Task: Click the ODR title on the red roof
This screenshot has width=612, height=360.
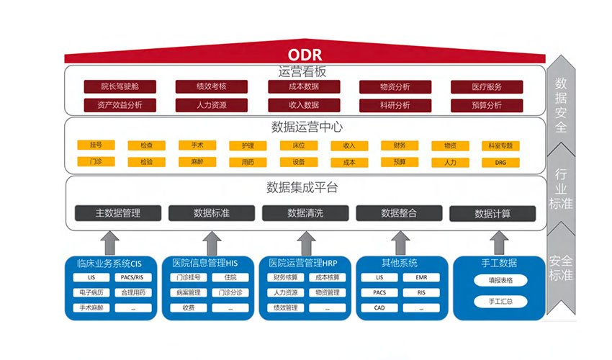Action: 305,55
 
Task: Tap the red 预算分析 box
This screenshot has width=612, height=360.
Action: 486,105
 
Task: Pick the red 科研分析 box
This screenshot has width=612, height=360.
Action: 395,105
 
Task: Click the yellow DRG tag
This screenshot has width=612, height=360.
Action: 501,163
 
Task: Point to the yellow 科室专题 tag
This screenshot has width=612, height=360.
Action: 501,145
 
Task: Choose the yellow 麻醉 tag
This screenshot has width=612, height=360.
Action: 197,163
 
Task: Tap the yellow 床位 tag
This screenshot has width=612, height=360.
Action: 298,145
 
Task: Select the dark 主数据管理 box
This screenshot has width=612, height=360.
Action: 118,213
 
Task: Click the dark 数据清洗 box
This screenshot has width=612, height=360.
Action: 305,213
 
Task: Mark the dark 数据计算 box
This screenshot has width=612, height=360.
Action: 492,214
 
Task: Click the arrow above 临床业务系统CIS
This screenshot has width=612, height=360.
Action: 110,242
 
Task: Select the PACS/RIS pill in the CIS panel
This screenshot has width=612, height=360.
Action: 132,277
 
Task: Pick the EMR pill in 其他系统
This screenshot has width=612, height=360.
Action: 421,277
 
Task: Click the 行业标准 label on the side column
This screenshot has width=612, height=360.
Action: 561,189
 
